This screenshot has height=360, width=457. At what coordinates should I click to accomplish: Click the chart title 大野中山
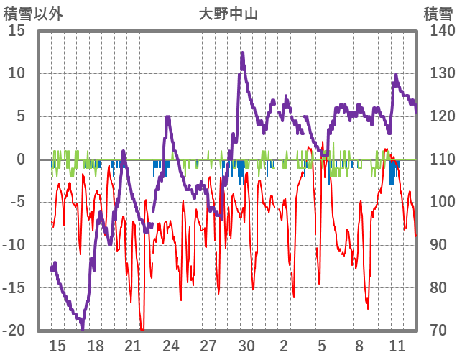228,14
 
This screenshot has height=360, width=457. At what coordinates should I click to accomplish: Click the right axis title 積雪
437,14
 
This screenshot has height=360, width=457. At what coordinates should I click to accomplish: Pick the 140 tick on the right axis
437,31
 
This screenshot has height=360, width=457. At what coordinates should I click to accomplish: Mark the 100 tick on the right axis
437,202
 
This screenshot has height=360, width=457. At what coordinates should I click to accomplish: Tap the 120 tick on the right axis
437,116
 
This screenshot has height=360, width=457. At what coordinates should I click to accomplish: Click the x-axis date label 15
57,346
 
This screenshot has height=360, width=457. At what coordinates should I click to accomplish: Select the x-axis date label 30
246,346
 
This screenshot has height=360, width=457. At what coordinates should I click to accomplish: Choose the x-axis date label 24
171,346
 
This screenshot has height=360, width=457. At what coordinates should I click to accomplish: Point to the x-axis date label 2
285,346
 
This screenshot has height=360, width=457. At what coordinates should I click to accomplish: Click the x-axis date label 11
397,346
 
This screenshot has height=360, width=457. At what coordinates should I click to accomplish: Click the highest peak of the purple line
242,53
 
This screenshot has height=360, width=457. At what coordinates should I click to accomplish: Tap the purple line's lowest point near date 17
83,327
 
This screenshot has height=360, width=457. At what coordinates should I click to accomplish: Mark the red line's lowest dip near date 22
142,330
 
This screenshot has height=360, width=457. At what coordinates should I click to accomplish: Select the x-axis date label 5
322,346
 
